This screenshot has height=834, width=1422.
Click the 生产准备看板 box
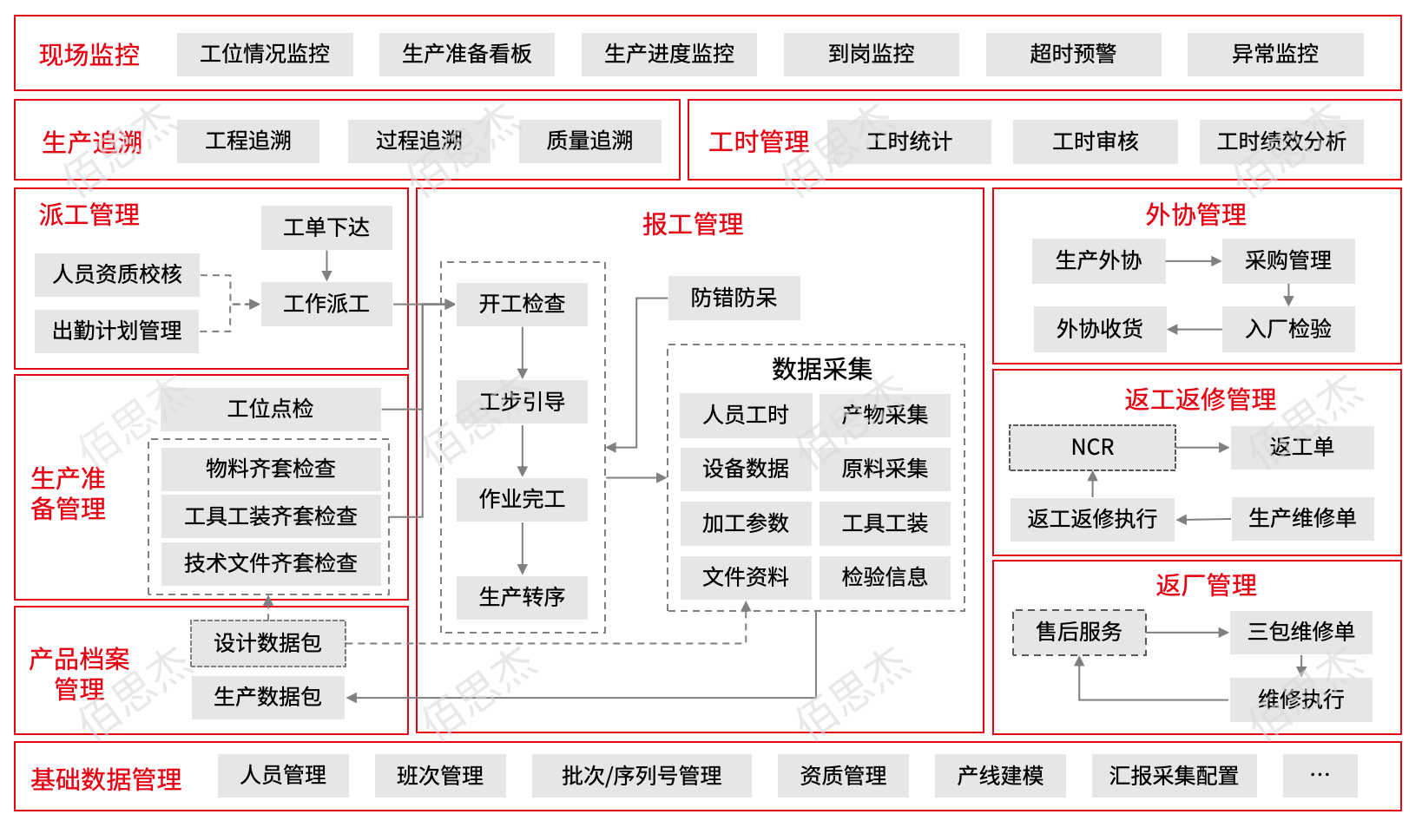tap(466, 54)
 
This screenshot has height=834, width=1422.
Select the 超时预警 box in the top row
tap(1073, 54)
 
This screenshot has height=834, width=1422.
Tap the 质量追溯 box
tap(589, 141)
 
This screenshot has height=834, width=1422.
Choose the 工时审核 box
tap(1095, 141)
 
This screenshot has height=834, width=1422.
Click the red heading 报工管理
tap(692, 224)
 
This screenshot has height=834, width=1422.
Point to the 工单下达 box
tap(326, 227)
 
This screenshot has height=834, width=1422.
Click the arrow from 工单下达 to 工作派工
tap(326, 266)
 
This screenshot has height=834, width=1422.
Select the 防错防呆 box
tap(734, 298)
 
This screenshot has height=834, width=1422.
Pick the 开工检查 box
tap(522, 304)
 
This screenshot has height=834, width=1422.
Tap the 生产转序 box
tap(522, 597)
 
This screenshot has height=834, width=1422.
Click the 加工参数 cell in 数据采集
tap(746, 522)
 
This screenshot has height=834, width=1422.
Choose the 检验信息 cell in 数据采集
tap(885, 577)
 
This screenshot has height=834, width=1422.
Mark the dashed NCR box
tap(1092, 448)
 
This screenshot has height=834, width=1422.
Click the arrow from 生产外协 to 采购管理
tap(1193, 260)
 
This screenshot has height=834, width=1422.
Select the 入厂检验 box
tap(1288, 329)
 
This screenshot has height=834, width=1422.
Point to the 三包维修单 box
tap(1300, 632)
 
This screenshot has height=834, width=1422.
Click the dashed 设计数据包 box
tap(267, 643)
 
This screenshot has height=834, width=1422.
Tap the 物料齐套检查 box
tap(270, 469)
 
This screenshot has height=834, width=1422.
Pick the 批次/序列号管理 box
tap(642, 775)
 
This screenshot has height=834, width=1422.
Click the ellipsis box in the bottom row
tap(1320, 775)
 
